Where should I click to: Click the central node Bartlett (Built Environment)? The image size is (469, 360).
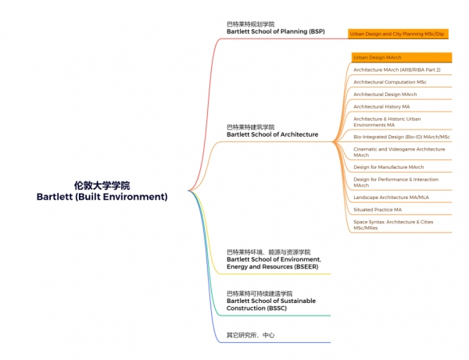pos(102,197)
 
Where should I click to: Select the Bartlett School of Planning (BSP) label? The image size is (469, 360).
pos(275,31)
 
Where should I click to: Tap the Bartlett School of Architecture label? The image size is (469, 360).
pos(272,134)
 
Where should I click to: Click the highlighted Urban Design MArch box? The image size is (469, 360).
pos(402,57)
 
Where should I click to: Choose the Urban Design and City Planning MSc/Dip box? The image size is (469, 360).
pos(398,34)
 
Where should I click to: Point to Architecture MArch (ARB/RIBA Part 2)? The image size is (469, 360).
pos(397,70)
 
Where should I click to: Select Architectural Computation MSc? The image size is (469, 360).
pos(390,82)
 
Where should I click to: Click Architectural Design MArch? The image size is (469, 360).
pos(385,94)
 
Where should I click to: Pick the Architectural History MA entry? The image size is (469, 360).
pos(381,106)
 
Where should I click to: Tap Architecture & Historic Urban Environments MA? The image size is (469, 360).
pos(387,122)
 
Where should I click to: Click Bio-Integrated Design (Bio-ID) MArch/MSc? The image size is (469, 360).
pos(402,137)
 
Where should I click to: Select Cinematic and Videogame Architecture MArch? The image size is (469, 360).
pos(399,152)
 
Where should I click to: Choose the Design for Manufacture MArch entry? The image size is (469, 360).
pos(388,167)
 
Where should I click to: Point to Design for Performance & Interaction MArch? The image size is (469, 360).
pos(396,182)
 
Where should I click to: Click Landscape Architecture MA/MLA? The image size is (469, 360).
pos(391,197)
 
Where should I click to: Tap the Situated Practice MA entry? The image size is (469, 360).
pos(378,209)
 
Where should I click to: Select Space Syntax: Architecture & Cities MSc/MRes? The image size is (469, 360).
pos(393,225)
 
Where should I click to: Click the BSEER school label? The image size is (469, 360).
pos(274,263)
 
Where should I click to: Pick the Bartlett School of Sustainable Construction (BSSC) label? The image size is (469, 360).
pos(271,305)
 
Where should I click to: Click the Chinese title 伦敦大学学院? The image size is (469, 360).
pos(102,186)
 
